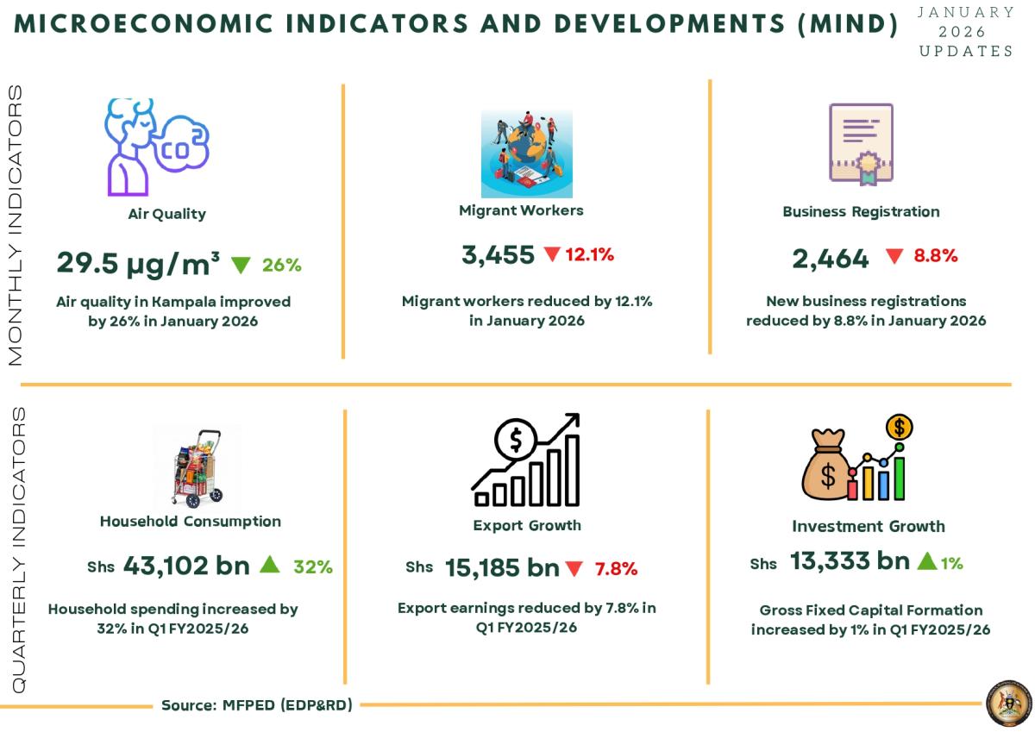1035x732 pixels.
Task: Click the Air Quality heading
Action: click(166, 214)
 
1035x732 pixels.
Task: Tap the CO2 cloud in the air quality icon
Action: click(182, 148)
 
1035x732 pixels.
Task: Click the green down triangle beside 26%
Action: click(241, 265)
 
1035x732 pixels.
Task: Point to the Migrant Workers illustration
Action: click(526, 153)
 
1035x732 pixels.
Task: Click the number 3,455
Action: click(499, 254)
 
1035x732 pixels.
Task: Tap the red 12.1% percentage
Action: click(589, 254)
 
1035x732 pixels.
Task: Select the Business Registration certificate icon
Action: click(861, 143)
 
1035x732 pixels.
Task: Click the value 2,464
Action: click(831, 257)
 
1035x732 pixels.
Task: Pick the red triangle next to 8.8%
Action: click(894, 256)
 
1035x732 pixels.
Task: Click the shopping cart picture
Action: click(198, 468)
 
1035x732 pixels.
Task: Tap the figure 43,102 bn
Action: click(186, 566)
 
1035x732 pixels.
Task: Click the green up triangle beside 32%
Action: click(270, 565)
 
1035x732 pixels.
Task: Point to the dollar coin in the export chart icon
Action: click(515, 441)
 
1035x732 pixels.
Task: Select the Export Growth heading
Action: click(527, 525)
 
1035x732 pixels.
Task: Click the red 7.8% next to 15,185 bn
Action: click(616, 569)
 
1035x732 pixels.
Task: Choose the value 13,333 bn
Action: click(850, 561)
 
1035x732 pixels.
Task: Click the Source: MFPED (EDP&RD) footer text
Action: click(257, 705)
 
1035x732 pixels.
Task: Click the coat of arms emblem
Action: click(1008, 704)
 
